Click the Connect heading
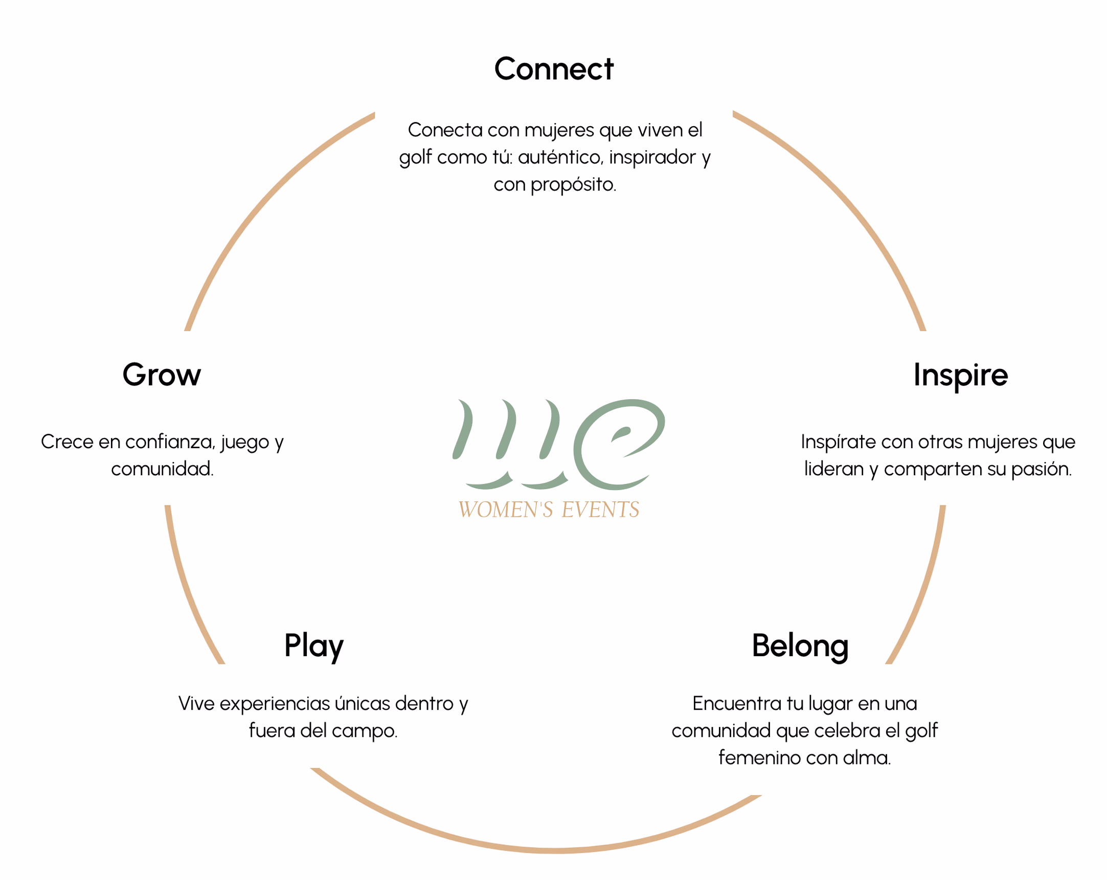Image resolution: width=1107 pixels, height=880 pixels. [553, 69]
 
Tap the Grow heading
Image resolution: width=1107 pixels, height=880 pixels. [162, 375]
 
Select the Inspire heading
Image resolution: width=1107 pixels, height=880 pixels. [960, 375]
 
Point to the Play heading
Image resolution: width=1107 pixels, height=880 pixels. [314, 645]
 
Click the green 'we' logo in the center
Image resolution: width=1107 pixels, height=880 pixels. [558, 444]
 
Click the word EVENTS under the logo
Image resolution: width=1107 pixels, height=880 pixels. [600, 510]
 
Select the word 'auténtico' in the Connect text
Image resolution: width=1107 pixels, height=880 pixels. [560, 157]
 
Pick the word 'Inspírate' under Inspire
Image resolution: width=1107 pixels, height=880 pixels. [838, 442]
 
